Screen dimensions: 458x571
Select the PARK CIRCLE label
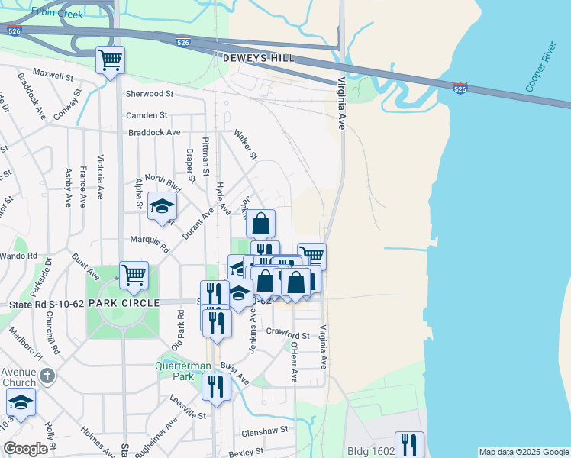coord(123,302)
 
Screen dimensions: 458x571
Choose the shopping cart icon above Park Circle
coord(134,275)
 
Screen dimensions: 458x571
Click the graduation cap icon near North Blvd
coord(162,206)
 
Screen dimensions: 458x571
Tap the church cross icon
coord(47,376)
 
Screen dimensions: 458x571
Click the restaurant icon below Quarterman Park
coord(217,386)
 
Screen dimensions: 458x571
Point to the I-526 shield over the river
coord(460,89)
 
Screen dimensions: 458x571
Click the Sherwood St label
coord(150,94)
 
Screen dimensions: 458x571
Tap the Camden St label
coord(147,115)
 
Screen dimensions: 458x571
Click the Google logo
coord(26,448)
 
